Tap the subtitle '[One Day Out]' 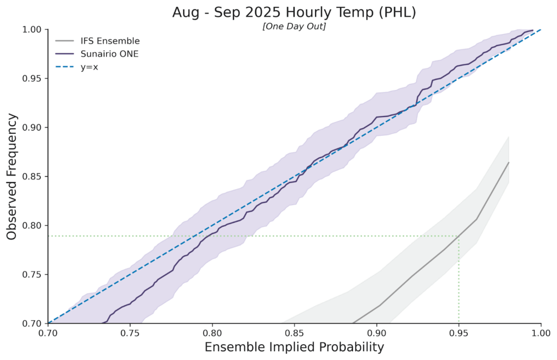tap(294, 27)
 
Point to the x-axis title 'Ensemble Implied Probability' tap(294, 347)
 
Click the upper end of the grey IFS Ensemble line tap(508, 163)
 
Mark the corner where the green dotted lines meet tap(459, 236)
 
